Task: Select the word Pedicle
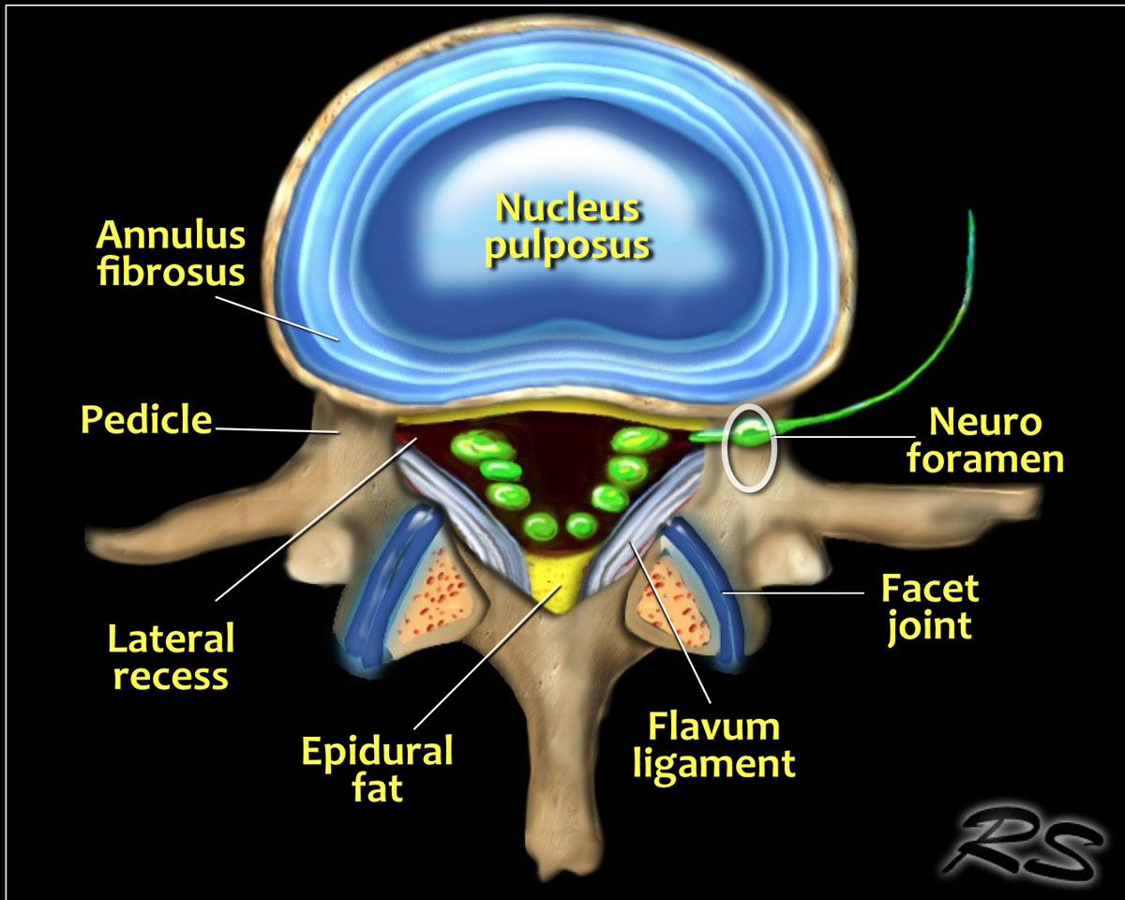pyautogui.click(x=145, y=419)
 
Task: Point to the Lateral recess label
pyautogui.click(x=170, y=657)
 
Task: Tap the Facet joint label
pyautogui.click(x=929, y=607)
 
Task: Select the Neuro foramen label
pyautogui.click(x=996, y=441)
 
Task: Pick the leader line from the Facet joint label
pyautogui.click(x=797, y=592)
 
